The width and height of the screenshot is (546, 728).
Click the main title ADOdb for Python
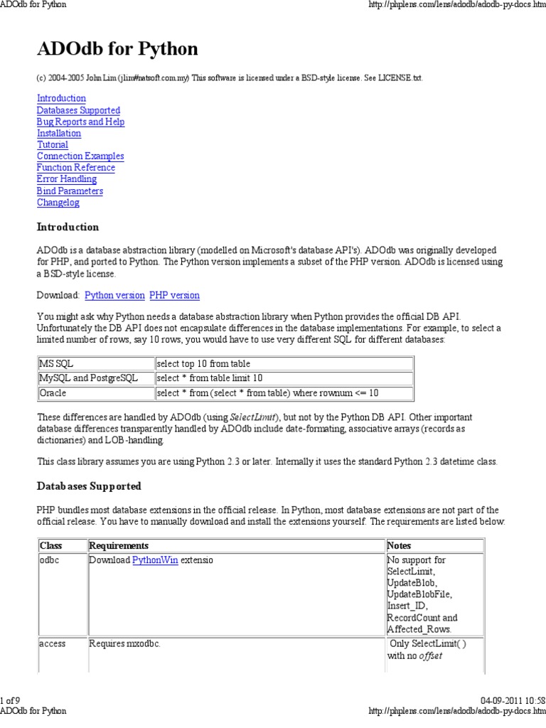117,49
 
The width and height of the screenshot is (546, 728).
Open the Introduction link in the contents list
61,98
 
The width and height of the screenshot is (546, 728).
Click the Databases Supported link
78,110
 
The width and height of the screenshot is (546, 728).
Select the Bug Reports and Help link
80,122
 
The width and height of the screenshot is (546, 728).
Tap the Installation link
59,133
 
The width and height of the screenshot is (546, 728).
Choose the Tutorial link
53,144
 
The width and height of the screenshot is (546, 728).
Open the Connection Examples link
80,156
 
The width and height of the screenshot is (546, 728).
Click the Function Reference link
75,167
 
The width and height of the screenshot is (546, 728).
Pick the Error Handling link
67,179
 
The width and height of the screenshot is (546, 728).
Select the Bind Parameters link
70,191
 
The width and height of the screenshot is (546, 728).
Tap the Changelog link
58,202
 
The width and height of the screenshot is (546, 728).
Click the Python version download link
114,294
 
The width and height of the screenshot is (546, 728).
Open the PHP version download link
174,294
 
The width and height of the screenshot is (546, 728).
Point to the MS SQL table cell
95,363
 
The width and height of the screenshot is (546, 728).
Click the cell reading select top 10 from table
284,363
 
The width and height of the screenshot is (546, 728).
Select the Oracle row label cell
95,392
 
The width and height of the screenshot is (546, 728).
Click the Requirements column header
119,545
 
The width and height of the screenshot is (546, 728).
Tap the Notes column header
399,545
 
